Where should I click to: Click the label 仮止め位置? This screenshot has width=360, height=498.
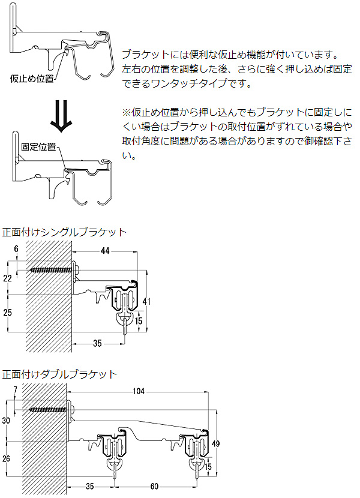click(x=32, y=79)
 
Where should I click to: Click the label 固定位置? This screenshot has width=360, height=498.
click(x=38, y=146)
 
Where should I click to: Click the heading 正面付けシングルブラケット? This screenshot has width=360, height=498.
click(x=64, y=232)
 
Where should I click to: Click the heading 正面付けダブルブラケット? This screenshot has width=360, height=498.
click(x=59, y=374)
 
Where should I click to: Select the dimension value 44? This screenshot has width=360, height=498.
click(x=105, y=250)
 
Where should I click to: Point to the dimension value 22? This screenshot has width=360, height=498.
click(x=7, y=279)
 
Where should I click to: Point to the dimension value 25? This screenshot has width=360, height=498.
click(x=7, y=313)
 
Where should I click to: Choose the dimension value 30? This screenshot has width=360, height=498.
click(x=7, y=421)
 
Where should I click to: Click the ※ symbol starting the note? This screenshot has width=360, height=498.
click(x=126, y=112)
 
